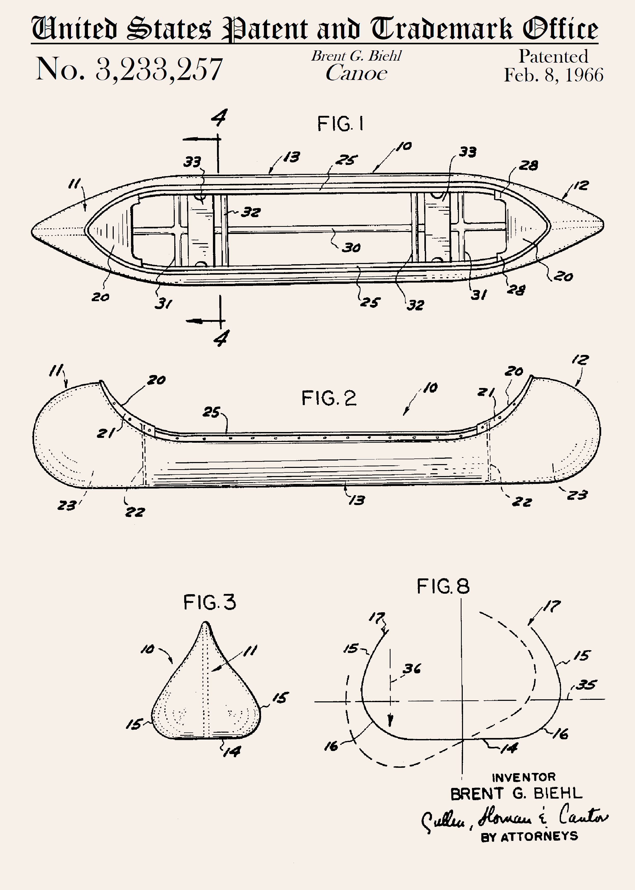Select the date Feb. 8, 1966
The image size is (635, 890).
pyautogui.click(x=553, y=75)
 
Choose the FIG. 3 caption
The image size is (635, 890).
pyautogui.click(x=210, y=602)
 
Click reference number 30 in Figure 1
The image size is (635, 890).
pyautogui.click(x=351, y=248)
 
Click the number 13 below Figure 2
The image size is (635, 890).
pyautogui.click(x=357, y=500)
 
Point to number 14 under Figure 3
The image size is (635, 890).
pyautogui.click(x=232, y=751)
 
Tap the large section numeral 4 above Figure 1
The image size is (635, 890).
pyautogui.click(x=219, y=118)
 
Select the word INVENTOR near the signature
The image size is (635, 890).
pyautogui.click(x=524, y=777)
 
